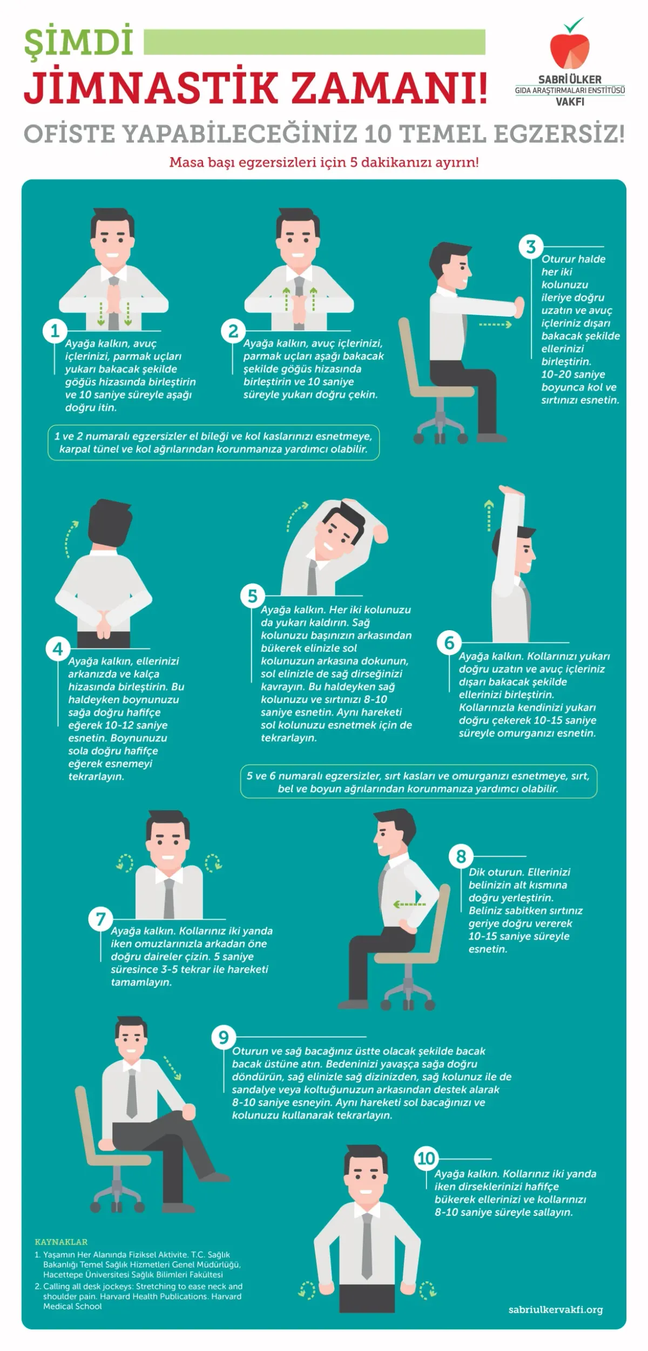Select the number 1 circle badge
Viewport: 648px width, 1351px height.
click(x=55, y=331)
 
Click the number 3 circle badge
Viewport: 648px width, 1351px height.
click(x=531, y=246)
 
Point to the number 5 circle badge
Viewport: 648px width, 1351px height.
click(x=252, y=596)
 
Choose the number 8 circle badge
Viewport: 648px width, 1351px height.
click(x=461, y=857)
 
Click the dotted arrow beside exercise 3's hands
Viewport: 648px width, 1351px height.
click(x=495, y=325)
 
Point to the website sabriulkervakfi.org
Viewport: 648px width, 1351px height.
click(x=555, y=1310)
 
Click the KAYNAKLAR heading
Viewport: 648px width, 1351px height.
click(x=61, y=1242)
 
